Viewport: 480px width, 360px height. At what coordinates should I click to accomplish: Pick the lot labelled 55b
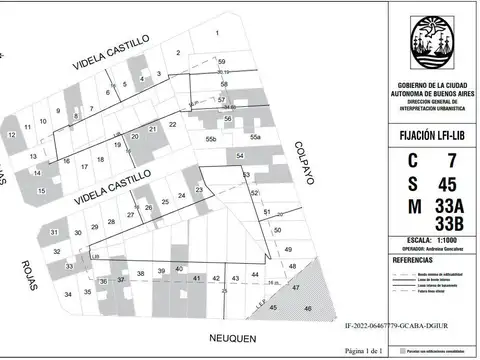click(211, 138)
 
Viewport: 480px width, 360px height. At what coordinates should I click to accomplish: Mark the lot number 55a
click(256, 136)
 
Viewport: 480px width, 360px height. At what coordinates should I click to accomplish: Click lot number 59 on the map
click(222, 62)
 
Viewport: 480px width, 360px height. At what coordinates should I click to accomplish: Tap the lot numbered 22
click(173, 124)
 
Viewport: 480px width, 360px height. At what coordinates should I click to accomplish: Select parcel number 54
click(240, 156)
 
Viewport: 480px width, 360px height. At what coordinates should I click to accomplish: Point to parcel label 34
click(68, 294)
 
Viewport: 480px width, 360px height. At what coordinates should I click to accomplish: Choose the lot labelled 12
click(12, 134)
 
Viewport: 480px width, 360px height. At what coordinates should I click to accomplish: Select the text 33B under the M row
click(450, 222)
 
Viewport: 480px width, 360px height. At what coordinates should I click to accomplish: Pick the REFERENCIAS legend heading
click(413, 259)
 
